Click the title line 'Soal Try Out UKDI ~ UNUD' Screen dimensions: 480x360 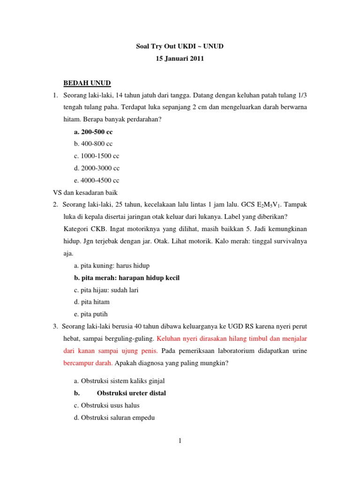(x=180, y=47)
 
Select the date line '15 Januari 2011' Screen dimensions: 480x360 (x=180, y=59)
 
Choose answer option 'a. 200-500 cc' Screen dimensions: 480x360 (x=93, y=132)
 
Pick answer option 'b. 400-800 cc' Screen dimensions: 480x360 (x=93, y=144)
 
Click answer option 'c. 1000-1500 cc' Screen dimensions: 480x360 (x=97, y=156)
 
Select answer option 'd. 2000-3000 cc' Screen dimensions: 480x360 (x=97, y=168)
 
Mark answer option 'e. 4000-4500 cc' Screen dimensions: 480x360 (x=97, y=180)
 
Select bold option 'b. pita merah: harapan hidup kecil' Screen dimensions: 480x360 (x=127, y=278)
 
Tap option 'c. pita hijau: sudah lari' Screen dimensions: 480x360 (x=106, y=290)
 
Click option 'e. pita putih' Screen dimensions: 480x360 (x=91, y=315)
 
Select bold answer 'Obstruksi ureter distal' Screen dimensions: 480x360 (x=131, y=393)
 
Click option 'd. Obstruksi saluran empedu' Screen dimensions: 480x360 (x=114, y=418)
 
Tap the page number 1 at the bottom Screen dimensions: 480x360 (x=180, y=441)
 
